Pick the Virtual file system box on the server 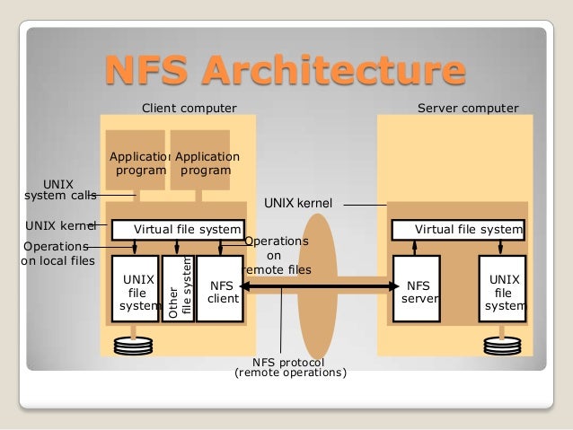456,230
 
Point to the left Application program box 136,162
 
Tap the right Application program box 200,162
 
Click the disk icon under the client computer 134,345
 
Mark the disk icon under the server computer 501,345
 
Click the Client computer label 190,109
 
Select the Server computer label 468,109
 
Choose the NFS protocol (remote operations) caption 289,367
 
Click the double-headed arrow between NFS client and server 319,286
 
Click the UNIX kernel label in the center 297,204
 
